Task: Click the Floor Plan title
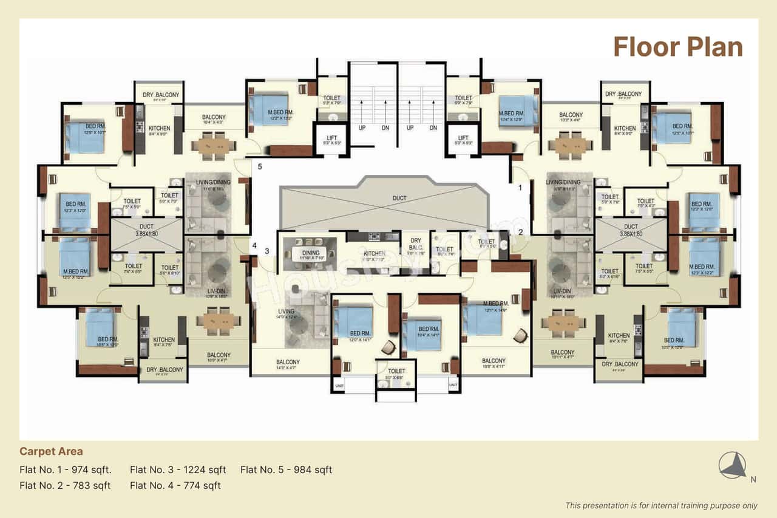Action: click(677, 47)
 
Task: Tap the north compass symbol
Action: click(733, 466)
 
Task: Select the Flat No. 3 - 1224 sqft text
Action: click(178, 469)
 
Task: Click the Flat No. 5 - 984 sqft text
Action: click(286, 469)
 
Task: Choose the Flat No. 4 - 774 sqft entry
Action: click(175, 485)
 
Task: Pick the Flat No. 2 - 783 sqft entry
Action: click(65, 485)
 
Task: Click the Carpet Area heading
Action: click(51, 451)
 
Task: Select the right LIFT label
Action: click(463, 138)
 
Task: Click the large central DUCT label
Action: click(399, 198)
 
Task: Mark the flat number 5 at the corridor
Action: click(259, 166)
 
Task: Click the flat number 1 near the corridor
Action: click(520, 188)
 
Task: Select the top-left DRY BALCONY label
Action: click(161, 95)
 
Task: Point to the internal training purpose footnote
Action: click(661, 505)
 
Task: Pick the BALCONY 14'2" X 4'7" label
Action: click(288, 363)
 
